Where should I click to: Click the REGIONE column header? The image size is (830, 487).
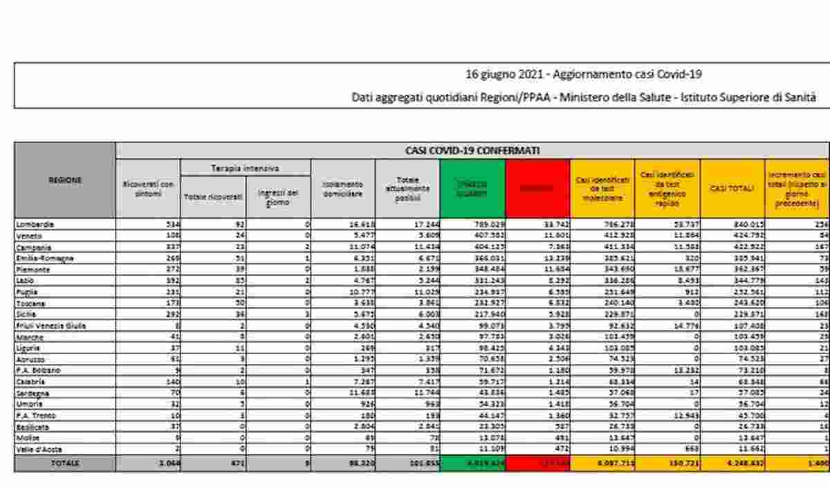(x=65, y=180)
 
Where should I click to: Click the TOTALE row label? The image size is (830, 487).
(x=65, y=463)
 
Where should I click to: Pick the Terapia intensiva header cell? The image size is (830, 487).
(x=245, y=167)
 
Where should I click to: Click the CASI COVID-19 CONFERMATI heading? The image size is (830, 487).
(x=473, y=150)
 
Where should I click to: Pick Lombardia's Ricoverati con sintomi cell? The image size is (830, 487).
(x=148, y=224)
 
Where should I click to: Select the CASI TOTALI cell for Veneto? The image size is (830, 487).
(x=732, y=235)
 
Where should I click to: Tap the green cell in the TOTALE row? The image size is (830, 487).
(x=472, y=463)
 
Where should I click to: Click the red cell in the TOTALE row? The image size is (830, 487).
(x=537, y=463)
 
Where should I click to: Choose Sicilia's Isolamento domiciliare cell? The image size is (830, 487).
(x=343, y=314)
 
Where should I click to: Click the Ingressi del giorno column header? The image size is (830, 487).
(x=278, y=197)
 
